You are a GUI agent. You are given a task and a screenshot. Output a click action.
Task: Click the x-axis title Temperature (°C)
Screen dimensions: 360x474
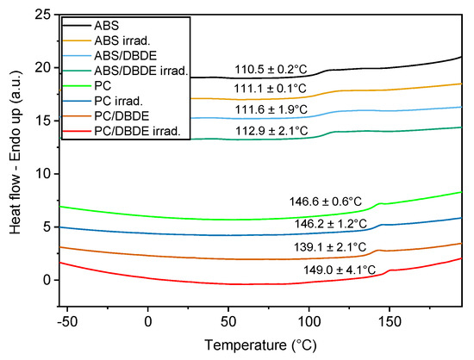[x=259, y=344]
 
